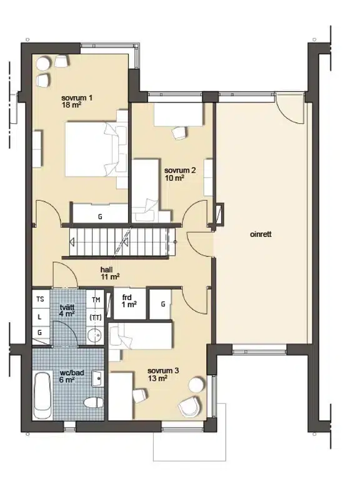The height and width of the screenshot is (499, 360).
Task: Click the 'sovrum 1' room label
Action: click(77, 98)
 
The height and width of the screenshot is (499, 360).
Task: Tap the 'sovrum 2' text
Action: click(180, 170)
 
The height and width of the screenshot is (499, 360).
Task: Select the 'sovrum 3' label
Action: click(163, 371)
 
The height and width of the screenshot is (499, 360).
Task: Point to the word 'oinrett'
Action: click(261, 234)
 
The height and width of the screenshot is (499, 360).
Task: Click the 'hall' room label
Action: click(106, 270)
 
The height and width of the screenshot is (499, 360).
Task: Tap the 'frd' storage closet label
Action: click(127, 298)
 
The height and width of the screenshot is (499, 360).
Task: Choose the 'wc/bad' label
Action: click(72, 372)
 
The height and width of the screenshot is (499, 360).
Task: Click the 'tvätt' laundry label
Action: click(67, 308)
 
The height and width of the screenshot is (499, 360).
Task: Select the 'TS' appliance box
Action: click(41, 299)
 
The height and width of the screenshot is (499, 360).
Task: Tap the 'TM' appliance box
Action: click(96, 300)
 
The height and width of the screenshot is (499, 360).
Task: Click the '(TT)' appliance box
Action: click(96, 317)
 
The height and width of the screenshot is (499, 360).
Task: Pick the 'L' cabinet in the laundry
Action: click(41, 317)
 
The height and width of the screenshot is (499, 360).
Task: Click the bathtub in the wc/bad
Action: click(42, 396)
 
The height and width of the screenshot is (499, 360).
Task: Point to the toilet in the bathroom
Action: click(94, 402)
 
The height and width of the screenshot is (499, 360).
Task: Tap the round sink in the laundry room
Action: click(95, 335)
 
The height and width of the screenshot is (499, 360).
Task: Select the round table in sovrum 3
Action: click(195, 385)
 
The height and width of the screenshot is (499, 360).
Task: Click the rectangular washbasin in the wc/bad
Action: click(98, 378)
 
